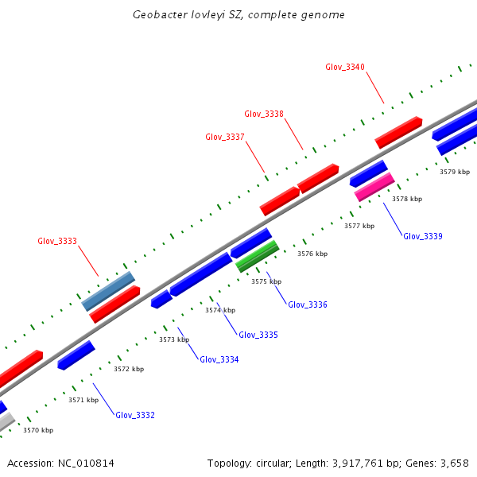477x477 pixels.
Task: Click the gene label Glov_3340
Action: (x=345, y=67)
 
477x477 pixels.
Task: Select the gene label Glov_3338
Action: (x=264, y=114)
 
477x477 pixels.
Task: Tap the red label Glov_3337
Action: (x=225, y=137)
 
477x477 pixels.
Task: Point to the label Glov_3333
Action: (x=57, y=241)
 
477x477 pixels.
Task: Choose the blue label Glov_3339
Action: (x=423, y=236)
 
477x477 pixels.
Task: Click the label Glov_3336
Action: (x=308, y=304)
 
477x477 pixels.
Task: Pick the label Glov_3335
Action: (x=258, y=335)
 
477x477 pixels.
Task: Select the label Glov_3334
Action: (x=219, y=359)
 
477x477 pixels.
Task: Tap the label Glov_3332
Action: (x=135, y=415)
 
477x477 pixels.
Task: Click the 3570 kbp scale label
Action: (x=38, y=430)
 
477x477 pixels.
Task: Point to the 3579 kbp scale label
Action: (x=455, y=172)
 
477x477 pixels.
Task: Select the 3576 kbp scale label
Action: (x=312, y=254)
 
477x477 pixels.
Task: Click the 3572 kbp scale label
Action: (x=129, y=369)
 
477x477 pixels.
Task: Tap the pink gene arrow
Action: (x=374, y=188)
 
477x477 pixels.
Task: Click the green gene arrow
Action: (x=258, y=256)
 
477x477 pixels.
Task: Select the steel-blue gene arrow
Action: (x=108, y=291)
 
